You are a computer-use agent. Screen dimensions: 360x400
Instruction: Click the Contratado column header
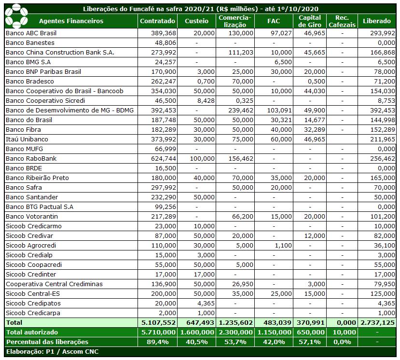click(157, 21)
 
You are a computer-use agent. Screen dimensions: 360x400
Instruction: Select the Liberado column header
click(377, 21)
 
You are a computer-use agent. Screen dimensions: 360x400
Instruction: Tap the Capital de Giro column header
click(309, 21)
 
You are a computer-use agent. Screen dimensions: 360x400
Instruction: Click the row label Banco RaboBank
click(31, 158)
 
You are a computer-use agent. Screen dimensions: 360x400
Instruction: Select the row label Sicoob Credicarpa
click(33, 313)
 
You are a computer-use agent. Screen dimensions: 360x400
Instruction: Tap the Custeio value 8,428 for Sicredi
click(206, 100)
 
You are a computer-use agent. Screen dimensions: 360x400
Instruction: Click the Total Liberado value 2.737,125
click(378, 322)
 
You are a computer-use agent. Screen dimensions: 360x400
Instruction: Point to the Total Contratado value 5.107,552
click(158, 322)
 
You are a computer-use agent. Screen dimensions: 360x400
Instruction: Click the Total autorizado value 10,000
click(342, 332)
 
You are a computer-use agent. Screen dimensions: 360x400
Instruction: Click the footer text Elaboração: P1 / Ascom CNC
click(52, 351)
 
